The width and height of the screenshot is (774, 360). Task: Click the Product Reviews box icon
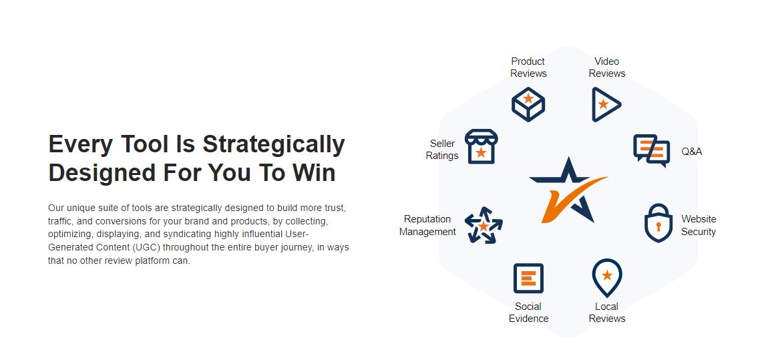point(528,104)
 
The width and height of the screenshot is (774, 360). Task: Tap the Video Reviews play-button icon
point(605,104)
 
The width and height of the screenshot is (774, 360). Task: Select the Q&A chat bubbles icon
point(652,151)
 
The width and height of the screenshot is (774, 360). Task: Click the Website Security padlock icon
point(658,223)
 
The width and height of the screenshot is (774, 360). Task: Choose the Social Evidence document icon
point(528,278)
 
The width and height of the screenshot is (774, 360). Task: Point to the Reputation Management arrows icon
point(483,225)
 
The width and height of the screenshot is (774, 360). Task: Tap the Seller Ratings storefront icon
point(481,147)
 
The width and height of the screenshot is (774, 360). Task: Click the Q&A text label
point(692,152)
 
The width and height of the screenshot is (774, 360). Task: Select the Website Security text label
point(699,225)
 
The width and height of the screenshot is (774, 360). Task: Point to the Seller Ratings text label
point(442,150)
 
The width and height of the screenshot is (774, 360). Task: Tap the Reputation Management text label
point(427,225)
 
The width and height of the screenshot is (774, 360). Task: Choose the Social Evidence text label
point(529,313)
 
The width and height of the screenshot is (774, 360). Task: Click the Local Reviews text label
point(607,313)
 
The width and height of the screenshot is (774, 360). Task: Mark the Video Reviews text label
point(607,67)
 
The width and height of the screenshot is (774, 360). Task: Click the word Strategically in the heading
point(273,145)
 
